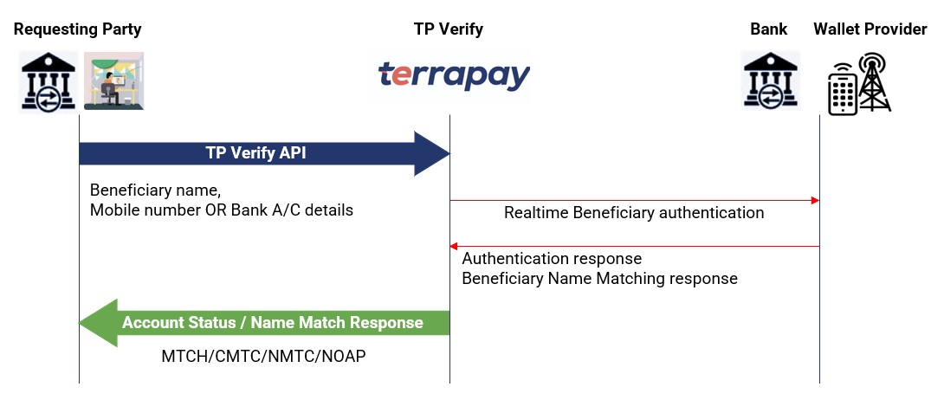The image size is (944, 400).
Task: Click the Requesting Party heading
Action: click(x=77, y=29)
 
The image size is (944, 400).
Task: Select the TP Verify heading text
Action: click(x=448, y=29)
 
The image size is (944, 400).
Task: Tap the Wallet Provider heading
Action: click(x=870, y=29)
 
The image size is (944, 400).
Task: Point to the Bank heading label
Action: click(x=768, y=29)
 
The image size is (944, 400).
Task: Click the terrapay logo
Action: click(x=454, y=77)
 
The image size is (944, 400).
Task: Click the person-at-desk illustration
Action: click(x=113, y=81)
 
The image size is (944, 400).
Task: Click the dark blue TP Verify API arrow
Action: click(x=260, y=153)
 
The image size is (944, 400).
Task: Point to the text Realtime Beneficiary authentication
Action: click(x=634, y=213)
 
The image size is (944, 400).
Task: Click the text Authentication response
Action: click(x=552, y=259)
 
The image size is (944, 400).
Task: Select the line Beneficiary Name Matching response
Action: click(x=599, y=279)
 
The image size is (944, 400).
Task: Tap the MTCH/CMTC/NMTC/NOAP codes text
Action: click(x=263, y=356)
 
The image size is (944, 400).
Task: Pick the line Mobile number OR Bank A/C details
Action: click(x=222, y=210)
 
